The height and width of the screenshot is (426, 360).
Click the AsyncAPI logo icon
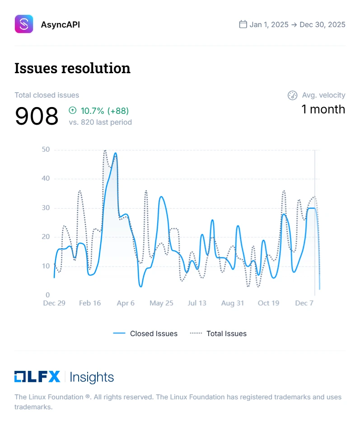pos(24,24)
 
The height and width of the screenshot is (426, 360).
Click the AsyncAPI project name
pos(61,24)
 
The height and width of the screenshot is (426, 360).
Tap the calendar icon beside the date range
pos(243,24)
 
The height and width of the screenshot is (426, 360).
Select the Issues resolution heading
pos(72,68)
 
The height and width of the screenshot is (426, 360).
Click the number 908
pos(37,116)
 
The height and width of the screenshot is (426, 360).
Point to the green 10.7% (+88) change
pos(99,110)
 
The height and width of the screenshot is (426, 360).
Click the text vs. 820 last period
pos(100,122)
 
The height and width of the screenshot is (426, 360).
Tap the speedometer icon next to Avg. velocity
pos(292,95)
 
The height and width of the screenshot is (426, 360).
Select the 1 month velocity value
pos(323,109)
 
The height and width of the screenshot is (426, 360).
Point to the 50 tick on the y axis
pos(45,150)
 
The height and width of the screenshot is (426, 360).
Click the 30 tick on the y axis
pos(45,208)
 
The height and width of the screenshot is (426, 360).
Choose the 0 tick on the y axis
pos(47,295)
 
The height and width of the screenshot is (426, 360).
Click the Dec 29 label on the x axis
pos(54,303)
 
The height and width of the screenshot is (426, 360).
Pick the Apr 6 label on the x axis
pos(126,303)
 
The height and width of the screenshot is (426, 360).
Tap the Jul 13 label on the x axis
pos(197,303)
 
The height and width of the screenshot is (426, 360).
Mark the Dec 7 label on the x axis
pos(304,303)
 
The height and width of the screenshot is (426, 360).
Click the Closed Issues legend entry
pos(145,333)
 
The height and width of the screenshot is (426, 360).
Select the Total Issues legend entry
pos(218,333)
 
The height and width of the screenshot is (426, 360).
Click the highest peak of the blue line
pos(116,153)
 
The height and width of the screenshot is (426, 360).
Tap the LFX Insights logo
pos(64,377)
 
